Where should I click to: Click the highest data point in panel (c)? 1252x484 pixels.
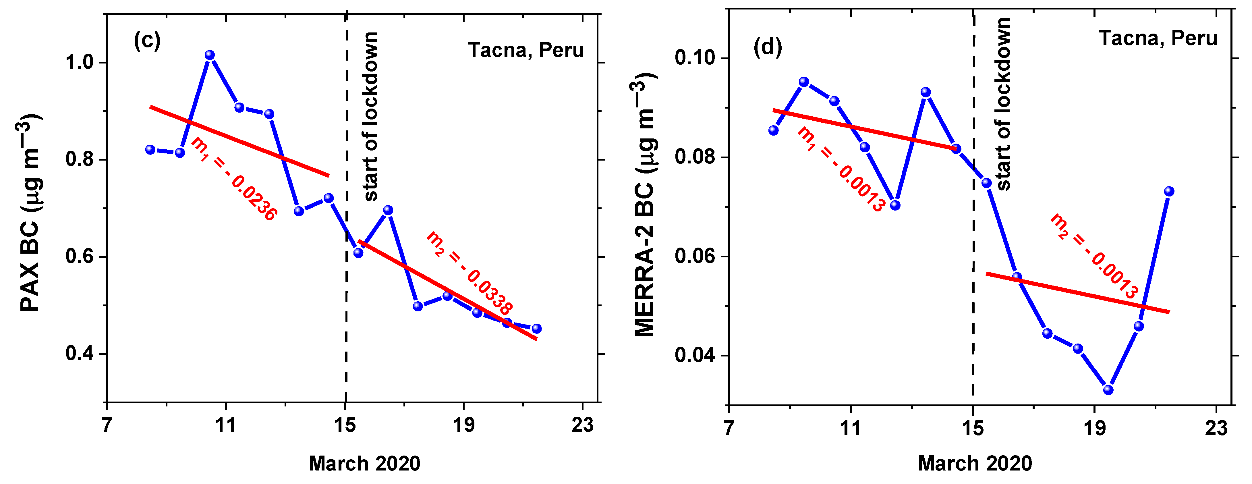coord(209,55)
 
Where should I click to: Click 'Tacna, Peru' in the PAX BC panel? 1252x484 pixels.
coord(526,50)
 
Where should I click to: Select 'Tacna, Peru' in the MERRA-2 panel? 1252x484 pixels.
coord(1158,38)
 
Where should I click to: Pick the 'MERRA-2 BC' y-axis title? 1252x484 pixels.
coord(646,204)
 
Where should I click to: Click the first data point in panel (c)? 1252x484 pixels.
coord(150,150)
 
